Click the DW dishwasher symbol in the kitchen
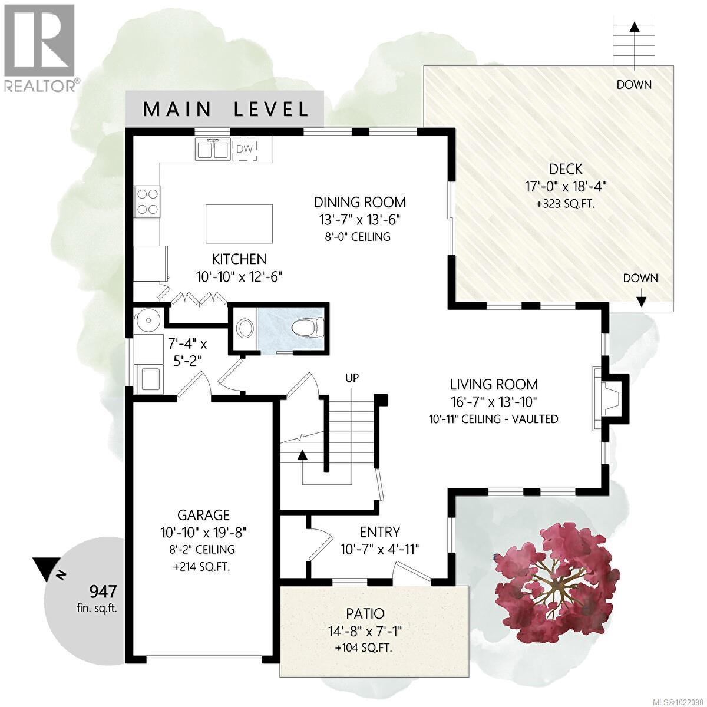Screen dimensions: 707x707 245,149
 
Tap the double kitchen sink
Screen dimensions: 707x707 212,148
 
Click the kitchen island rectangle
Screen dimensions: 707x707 239,224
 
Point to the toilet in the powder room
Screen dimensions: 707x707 309,327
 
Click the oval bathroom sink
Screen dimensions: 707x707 245,328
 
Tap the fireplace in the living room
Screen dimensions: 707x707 610,399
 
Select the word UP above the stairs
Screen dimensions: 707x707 352,378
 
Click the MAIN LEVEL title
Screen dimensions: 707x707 225,110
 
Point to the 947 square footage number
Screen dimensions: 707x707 103,591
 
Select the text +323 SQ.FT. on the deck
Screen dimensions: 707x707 565,204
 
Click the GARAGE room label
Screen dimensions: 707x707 204,515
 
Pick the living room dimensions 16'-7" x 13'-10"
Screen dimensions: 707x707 494,402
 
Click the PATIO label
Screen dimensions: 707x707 365,613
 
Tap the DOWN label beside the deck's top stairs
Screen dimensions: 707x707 634,85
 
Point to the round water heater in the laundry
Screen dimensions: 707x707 147,321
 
